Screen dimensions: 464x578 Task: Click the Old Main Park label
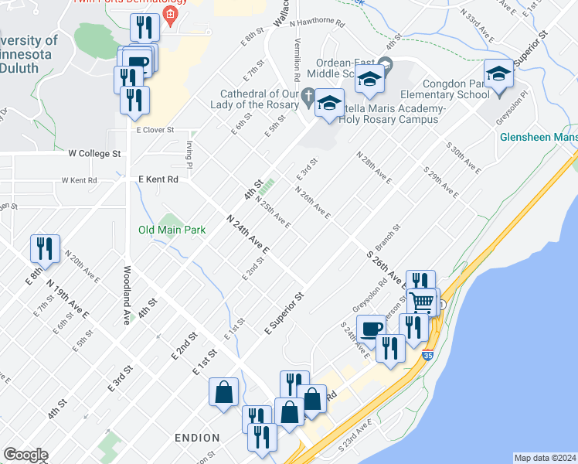point(172,230)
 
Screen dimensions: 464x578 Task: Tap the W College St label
point(94,153)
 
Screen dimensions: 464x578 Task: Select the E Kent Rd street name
point(158,179)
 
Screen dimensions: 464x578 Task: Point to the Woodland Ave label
point(126,295)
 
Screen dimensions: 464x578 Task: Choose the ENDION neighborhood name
point(196,438)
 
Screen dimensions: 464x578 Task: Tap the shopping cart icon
point(423,302)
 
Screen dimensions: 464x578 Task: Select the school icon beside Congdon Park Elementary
point(499,74)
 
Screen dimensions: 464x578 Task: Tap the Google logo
point(25,454)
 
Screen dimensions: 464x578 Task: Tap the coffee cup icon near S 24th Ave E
point(370,328)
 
